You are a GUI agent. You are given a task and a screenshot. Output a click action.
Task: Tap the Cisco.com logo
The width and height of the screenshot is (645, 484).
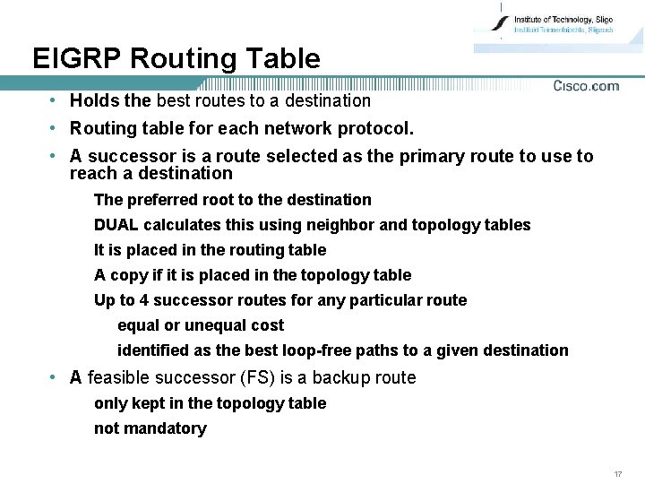[x=586, y=86]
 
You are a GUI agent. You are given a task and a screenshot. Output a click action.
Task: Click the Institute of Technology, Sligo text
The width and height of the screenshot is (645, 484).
[x=563, y=19]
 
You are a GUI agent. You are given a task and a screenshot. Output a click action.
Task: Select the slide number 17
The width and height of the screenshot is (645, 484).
[x=618, y=473]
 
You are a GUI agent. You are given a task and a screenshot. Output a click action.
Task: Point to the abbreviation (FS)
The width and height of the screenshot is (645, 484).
[x=258, y=377]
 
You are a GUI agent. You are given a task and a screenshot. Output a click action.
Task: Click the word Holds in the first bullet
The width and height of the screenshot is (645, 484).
[x=91, y=100]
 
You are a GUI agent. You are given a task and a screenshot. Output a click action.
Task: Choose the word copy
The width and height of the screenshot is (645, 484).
[x=128, y=275]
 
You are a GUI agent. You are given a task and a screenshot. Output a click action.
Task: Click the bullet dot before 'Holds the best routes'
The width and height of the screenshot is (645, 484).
[x=55, y=100]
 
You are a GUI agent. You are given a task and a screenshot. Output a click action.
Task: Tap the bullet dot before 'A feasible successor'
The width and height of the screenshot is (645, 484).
[x=55, y=377]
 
